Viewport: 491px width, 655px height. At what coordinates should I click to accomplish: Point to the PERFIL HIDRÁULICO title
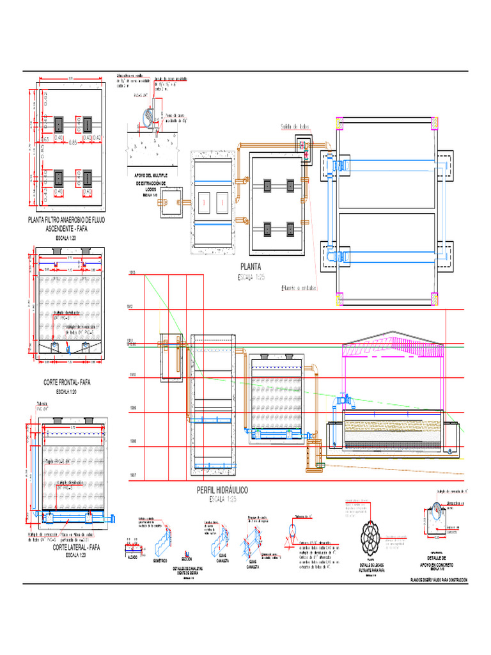point(222,490)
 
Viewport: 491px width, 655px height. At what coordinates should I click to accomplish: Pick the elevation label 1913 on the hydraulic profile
point(132,274)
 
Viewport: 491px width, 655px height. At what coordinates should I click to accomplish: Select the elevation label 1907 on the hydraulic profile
point(132,475)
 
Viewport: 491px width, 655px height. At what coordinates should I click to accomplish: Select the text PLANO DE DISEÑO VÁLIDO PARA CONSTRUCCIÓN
point(439,580)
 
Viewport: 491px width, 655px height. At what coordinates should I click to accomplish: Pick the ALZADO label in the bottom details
point(132,557)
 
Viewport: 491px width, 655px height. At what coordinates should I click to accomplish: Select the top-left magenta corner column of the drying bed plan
point(339,122)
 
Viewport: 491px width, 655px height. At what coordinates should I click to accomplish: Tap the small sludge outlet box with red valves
point(302,146)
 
